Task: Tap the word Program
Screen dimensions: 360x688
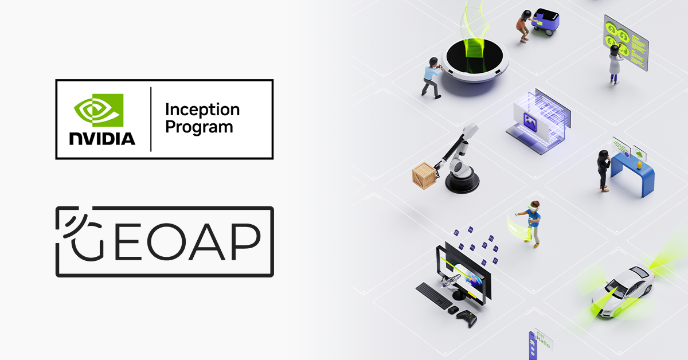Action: [199, 127]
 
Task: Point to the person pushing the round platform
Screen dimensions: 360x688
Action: [431, 77]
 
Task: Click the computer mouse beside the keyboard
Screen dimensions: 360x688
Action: [453, 310]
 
